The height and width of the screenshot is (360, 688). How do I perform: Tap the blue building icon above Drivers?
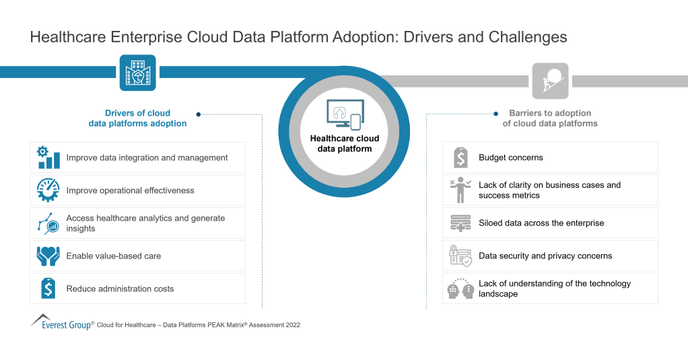(x=137, y=73)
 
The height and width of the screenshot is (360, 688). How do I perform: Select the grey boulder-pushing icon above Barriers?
(x=550, y=81)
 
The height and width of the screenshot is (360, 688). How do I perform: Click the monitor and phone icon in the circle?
(x=344, y=114)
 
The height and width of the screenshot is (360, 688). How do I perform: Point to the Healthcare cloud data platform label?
(x=344, y=143)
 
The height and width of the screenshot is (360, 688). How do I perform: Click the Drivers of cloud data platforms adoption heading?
(x=137, y=118)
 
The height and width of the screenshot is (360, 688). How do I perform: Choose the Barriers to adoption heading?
(x=550, y=118)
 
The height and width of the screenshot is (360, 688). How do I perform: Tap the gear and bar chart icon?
(x=48, y=157)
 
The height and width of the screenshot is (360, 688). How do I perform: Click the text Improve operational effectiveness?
(x=130, y=190)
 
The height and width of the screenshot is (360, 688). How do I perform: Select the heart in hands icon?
(x=48, y=256)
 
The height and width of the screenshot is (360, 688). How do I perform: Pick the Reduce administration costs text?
(x=120, y=289)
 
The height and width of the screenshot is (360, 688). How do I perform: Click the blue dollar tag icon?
(x=48, y=289)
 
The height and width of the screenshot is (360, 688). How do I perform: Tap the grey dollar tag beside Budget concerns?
(x=460, y=157)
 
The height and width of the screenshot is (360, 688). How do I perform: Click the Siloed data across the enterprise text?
(x=541, y=223)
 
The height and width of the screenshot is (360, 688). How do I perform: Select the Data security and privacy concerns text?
(x=545, y=256)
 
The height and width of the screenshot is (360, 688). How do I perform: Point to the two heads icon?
(x=460, y=289)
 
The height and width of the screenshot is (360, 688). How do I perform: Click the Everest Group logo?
(x=61, y=323)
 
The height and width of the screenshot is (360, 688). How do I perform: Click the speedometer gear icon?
(x=48, y=190)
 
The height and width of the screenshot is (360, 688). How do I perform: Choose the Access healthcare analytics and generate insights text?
(x=145, y=223)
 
